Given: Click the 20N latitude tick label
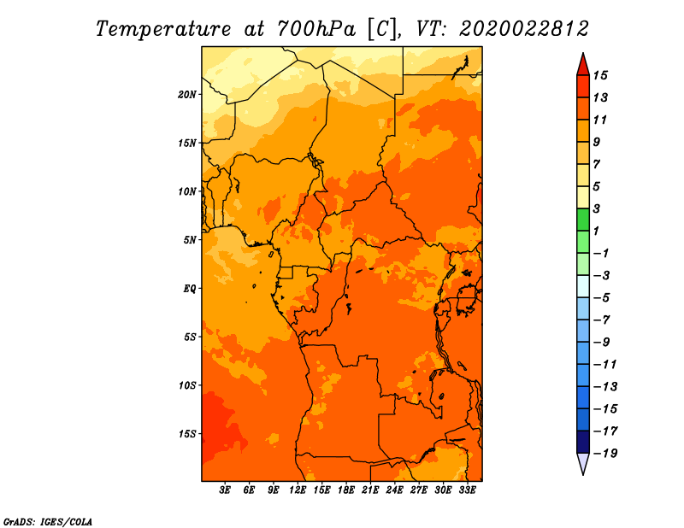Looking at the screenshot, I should coord(187,94).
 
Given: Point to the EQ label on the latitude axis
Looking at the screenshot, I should coord(190,288).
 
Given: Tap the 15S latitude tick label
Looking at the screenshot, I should coord(187,433).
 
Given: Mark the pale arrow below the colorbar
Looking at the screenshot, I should coord(582,463).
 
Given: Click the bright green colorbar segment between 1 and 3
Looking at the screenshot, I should coord(582,220).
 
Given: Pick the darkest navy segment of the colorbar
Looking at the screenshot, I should coord(582,442).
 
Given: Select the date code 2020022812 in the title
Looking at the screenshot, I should coord(524,28).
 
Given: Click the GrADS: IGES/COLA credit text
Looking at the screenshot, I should coord(47,520).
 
